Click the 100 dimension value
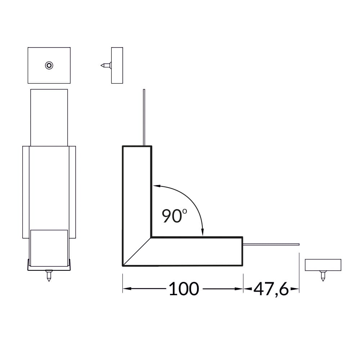(184, 289)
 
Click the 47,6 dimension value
(271, 289)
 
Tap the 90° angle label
(174, 216)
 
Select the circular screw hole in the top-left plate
(49, 66)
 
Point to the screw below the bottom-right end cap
(323, 276)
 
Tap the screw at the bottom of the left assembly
(49, 276)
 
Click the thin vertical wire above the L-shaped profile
(144, 117)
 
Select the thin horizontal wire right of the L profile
(271, 244)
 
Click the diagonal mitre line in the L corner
(137, 252)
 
